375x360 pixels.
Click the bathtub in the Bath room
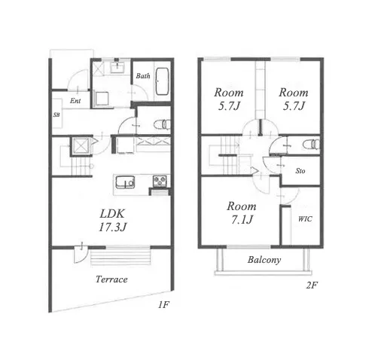coord(162,81)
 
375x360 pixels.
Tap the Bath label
coord(143,76)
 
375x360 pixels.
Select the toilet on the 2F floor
coord(311,145)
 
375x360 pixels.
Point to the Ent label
coord(75,101)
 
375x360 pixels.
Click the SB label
coord(56,115)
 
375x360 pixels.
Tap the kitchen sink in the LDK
coord(125,182)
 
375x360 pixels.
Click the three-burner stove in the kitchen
coord(160,181)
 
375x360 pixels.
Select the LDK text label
coord(112,214)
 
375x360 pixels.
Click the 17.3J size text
coord(112,227)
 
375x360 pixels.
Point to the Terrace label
coord(111,279)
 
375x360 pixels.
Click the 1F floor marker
coord(163,305)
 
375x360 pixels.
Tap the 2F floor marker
coord(312,285)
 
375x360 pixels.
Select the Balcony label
coord(264,260)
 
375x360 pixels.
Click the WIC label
coord(305,219)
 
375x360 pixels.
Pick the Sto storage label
coord(300,171)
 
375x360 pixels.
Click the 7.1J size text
coord(242,220)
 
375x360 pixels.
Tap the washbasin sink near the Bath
coord(117,67)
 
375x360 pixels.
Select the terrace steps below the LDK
coord(120,258)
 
